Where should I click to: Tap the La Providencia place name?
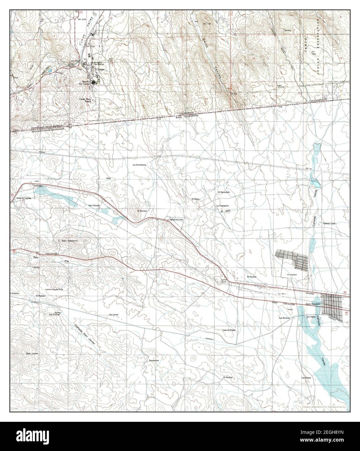[x=139, y=165]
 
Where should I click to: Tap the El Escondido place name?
[x=224, y=192]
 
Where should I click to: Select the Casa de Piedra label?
[x=229, y=330]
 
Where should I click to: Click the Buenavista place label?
[x=153, y=360]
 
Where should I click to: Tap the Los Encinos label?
[x=284, y=318]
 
